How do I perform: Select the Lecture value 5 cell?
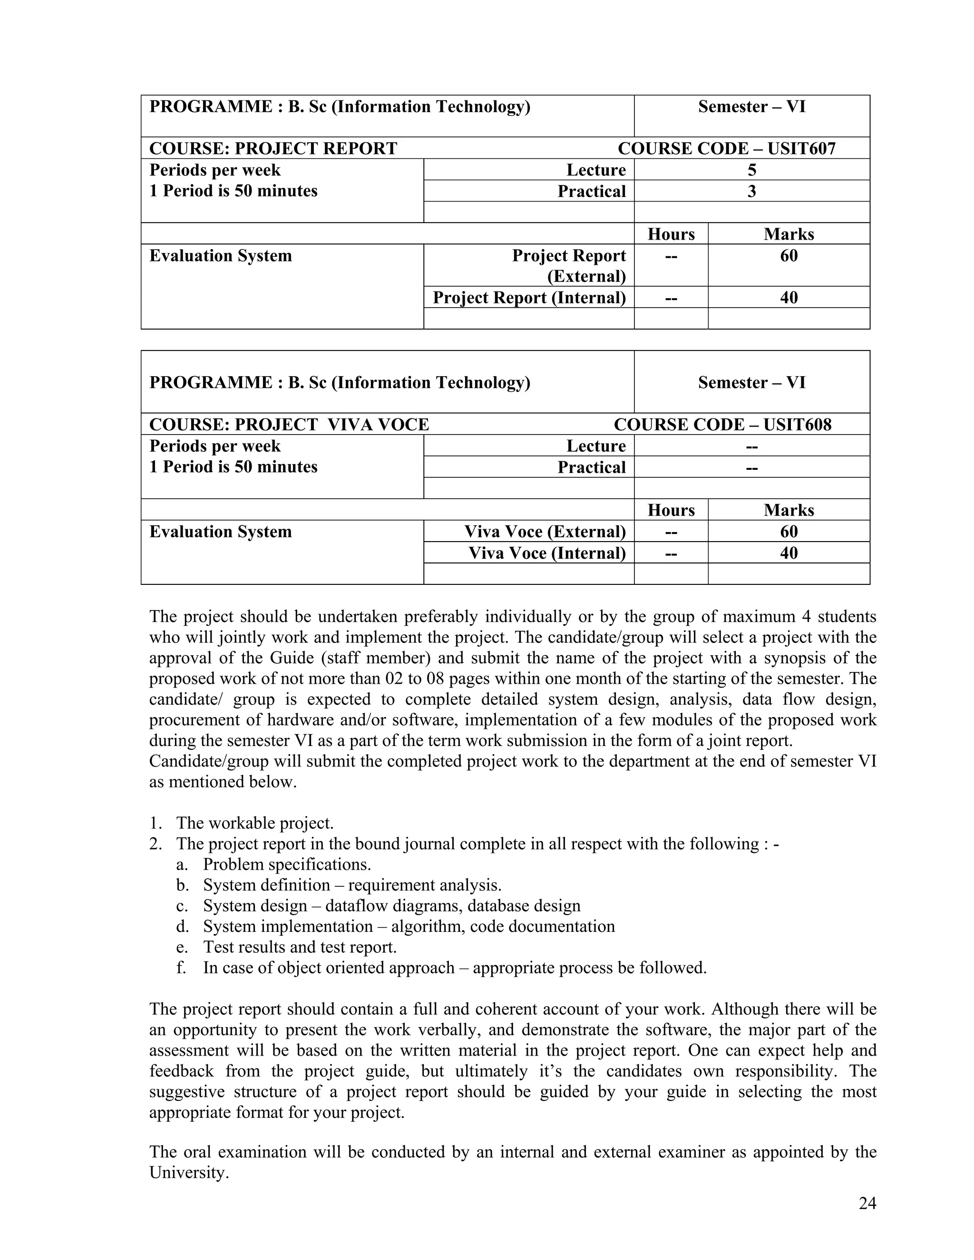[x=751, y=170]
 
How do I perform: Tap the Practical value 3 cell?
[x=751, y=191]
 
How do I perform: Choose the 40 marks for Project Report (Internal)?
[x=788, y=297]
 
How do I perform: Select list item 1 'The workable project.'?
[x=254, y=823]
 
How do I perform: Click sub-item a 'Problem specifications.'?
[x=286, y=864]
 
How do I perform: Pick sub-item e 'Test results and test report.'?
[x=300, y=947]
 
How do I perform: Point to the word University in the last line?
[x=188, y=1173]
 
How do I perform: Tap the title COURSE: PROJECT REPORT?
[x=273, y=148]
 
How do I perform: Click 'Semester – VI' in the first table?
[x=751, y=107]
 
